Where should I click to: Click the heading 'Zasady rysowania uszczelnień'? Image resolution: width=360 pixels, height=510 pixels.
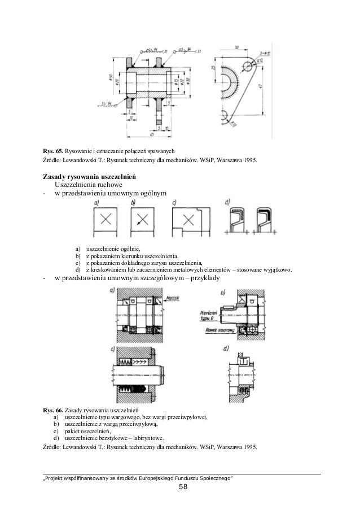[x=87, y=176]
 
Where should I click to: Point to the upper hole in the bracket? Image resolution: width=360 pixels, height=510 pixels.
[x=247, y=67]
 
